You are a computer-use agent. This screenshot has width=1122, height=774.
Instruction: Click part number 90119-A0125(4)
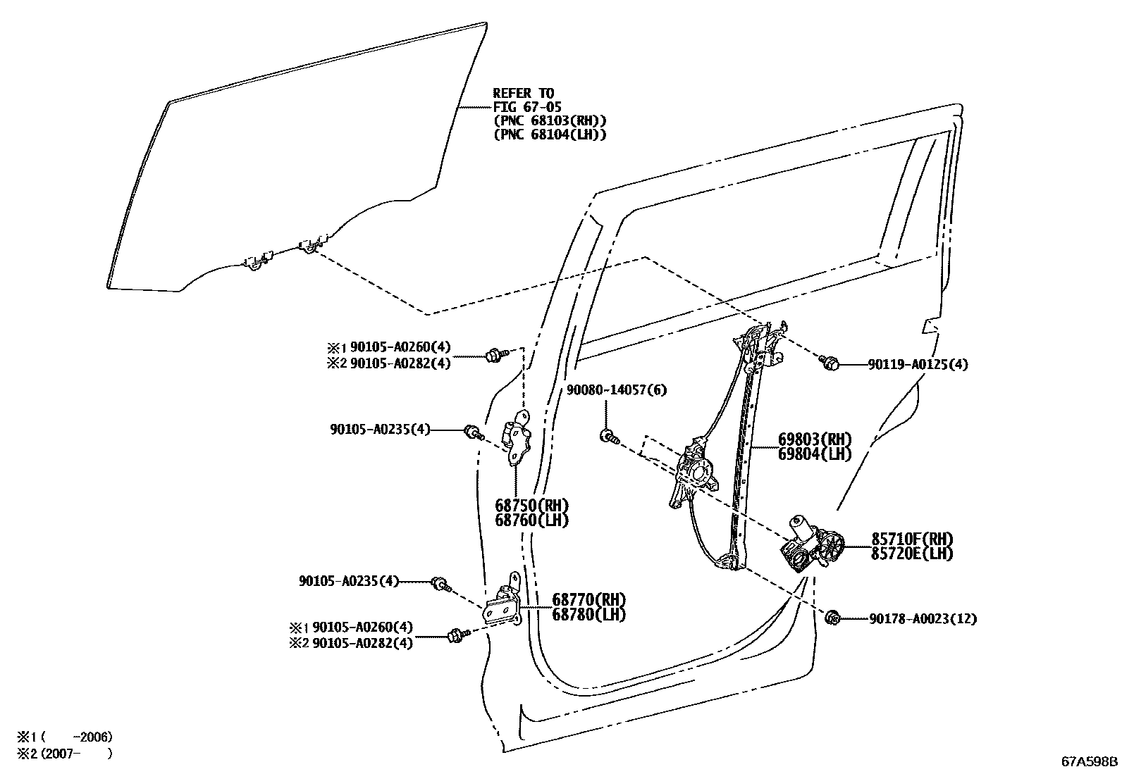coord(918,365)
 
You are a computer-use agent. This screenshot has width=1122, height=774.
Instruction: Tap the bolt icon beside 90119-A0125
coord(830,363)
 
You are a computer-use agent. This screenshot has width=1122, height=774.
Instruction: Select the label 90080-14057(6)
coord(617,389)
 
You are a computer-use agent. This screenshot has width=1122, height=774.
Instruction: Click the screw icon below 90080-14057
coord(608,437)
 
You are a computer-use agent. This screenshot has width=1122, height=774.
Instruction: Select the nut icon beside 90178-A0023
coord(831,618)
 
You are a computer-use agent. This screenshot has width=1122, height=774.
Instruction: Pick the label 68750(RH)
coord(531,506)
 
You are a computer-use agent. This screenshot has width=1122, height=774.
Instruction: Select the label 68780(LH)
coord(589,614)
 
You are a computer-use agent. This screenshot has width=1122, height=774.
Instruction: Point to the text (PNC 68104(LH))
coord(550,135)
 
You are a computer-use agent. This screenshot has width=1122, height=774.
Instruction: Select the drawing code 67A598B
coord(1090,761)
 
